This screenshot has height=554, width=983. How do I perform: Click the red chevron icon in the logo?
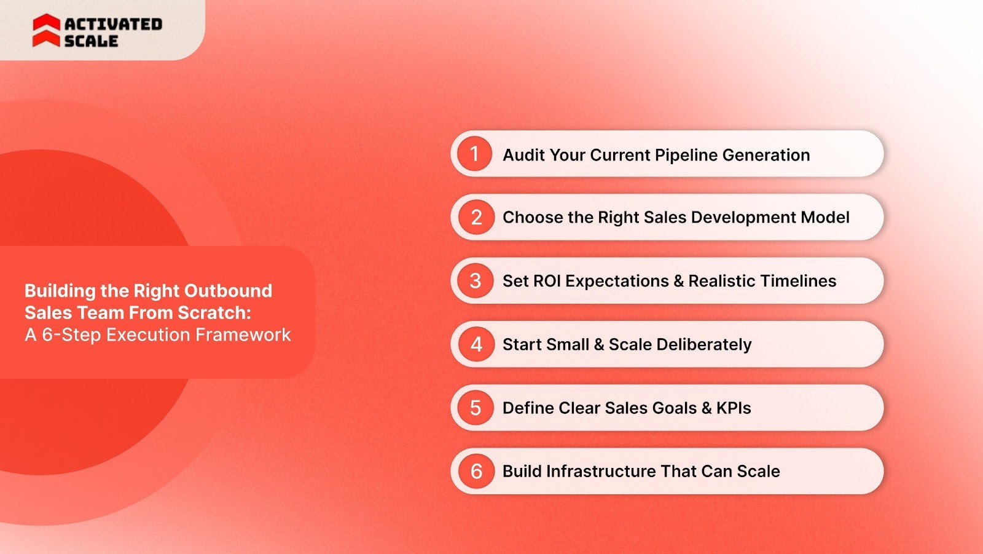coord(46,31)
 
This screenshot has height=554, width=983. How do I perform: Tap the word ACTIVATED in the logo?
coord(113,24)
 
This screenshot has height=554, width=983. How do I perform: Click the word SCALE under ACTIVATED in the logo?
coord(91,41)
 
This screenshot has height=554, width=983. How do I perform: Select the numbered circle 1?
coord(474,154)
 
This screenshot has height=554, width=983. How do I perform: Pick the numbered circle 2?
coord(476,217)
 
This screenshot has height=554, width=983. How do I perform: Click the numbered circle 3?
coord(476,281)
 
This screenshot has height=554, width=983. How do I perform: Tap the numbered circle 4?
coord(476,344)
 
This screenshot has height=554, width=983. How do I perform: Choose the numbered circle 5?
coord(476,408)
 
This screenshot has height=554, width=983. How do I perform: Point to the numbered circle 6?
coord(476,471)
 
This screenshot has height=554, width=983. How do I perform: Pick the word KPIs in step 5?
coord(734,408)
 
